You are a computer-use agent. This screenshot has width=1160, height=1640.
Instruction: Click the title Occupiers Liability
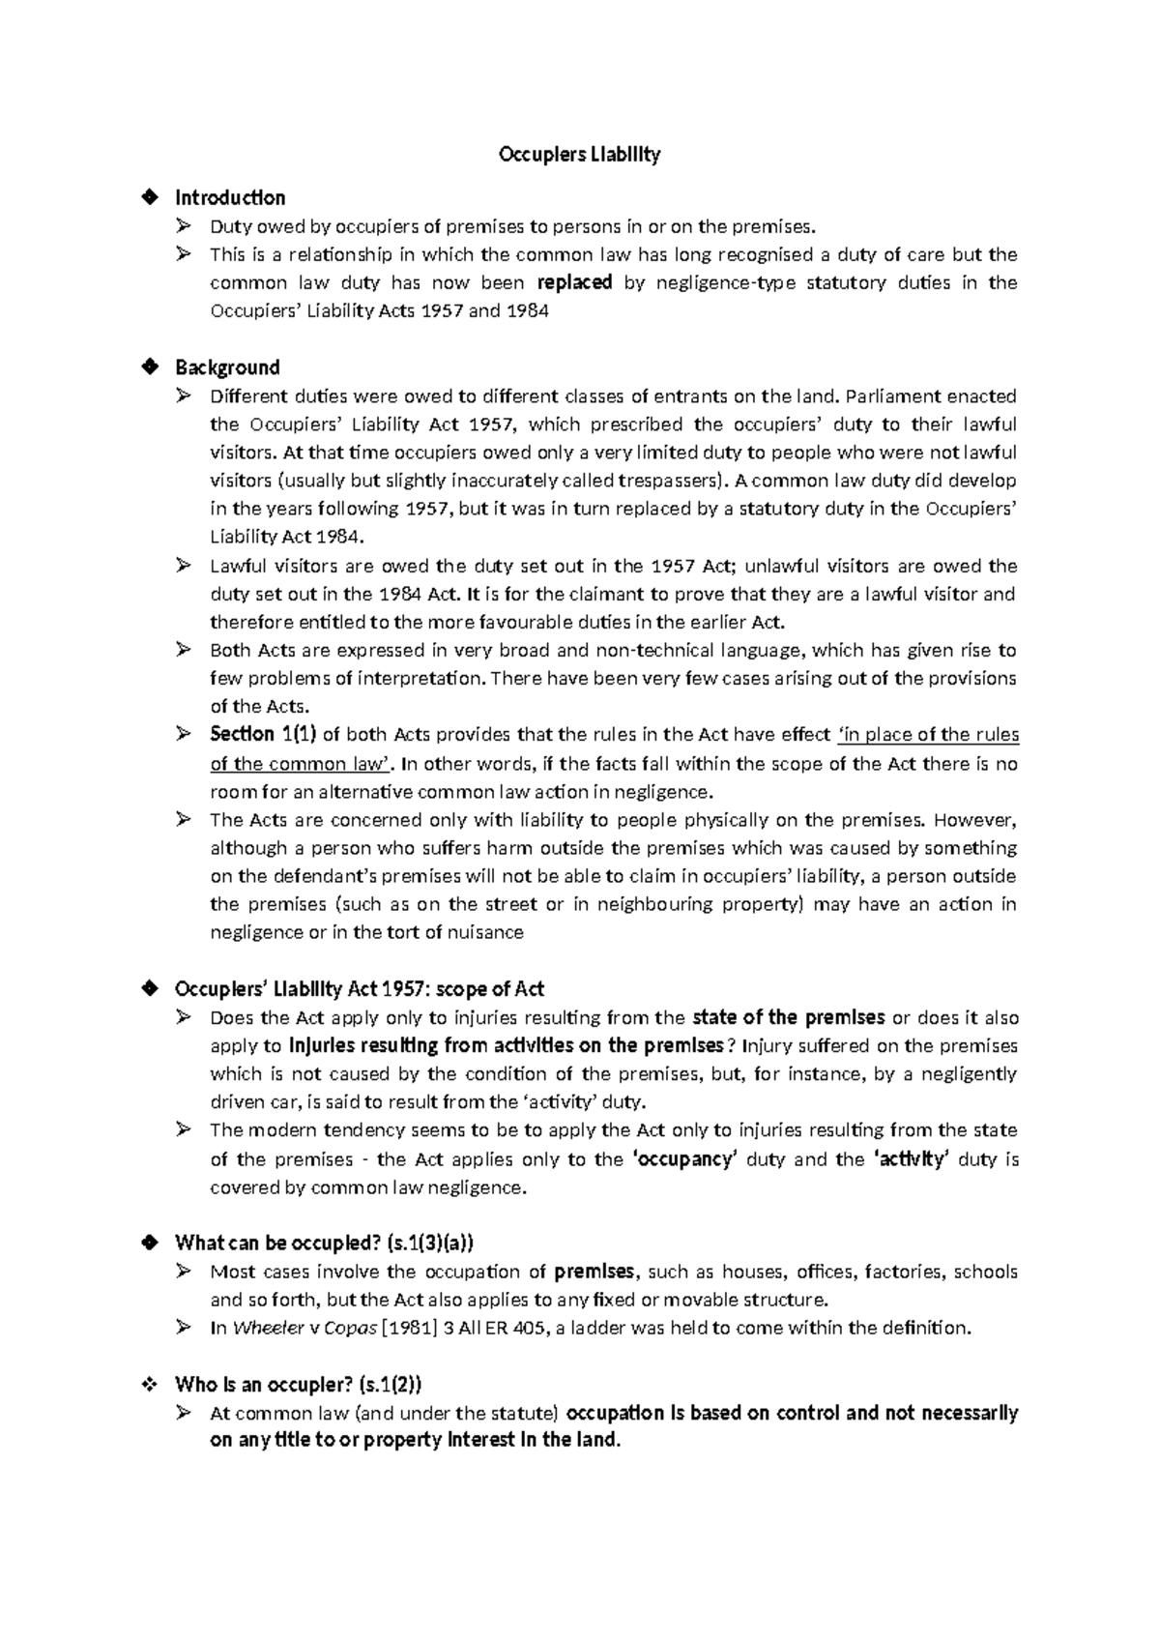tap(579, 155)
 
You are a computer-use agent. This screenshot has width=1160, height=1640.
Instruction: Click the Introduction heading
tap(229, 198)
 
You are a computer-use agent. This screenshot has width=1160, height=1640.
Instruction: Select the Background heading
tap(227, 367)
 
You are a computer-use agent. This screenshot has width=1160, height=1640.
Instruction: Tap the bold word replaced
tap(575, 283)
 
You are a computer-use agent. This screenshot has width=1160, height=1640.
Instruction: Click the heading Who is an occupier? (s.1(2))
tap(298, 1385)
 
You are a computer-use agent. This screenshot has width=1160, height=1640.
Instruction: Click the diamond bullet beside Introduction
tap(149, 198)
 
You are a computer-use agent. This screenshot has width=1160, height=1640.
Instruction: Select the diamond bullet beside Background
tap(149, 367)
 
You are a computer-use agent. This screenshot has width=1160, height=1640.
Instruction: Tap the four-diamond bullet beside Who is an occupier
tap(149, 1385)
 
